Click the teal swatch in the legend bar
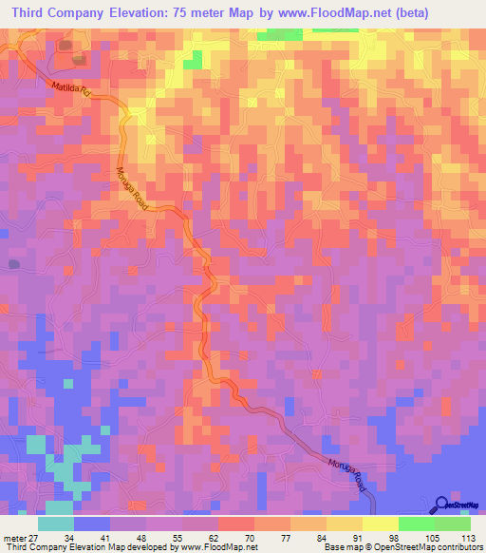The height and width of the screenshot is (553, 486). click(56, 524)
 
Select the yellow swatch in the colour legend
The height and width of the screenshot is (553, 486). click(380, 524)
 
